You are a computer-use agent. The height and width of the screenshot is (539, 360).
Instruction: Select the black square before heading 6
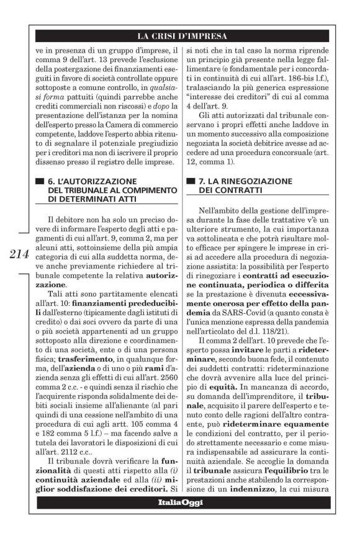tap(42, 181)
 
